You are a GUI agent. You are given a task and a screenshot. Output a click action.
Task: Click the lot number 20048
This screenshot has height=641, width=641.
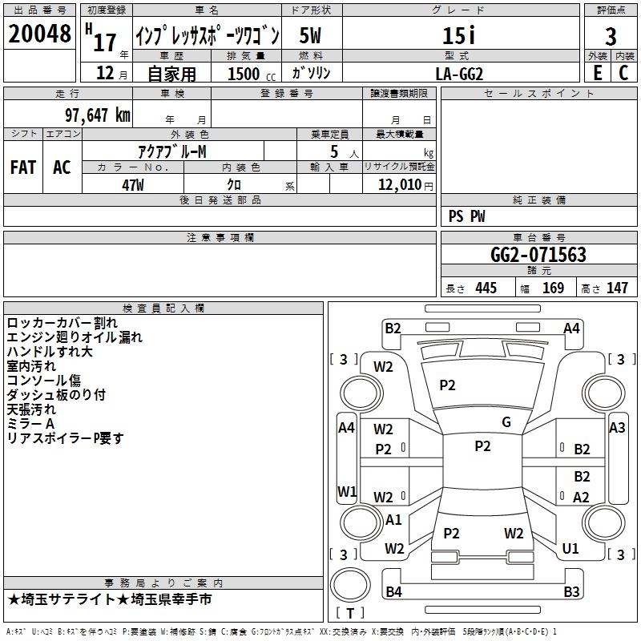(x=39, y=34)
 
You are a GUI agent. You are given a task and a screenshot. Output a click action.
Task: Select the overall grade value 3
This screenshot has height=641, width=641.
(x=611, y=36)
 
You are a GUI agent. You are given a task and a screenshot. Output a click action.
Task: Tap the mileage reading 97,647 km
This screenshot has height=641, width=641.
(x=98, y=115)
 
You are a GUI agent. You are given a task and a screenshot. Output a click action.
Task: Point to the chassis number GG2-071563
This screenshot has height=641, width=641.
(x=538, y=254)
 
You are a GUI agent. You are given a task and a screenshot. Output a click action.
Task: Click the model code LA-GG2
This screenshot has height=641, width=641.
(x=459, y=74)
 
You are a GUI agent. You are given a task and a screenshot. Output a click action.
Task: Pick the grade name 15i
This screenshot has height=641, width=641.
(x=459, y=35)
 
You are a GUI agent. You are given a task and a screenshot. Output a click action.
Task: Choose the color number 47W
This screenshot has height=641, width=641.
(x=133, y=185)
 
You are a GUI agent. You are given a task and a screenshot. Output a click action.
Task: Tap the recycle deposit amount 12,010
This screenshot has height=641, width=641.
(x=400, y=185)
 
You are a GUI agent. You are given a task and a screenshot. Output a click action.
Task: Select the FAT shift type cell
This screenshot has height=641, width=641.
(x=23, y=167)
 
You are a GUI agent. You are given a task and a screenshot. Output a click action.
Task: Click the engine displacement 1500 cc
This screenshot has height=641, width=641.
(x=252, y=74)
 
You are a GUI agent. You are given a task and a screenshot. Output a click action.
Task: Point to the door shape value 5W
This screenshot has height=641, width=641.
(x=310, y=35)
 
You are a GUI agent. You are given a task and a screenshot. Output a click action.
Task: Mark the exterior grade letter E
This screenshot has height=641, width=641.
(x=598, y=73)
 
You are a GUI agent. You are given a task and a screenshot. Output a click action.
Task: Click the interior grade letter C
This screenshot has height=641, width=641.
(x=623, y=73)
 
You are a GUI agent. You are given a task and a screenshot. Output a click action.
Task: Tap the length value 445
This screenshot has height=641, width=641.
(x=486, y=288)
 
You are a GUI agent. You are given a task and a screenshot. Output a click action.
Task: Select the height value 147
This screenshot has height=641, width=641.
(x=617, y=288)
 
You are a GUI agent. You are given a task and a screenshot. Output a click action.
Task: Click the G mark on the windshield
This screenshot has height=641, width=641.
(x=506, y=422)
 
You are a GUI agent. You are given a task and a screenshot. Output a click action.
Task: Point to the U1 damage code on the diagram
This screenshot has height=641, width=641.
(x=570, y=548)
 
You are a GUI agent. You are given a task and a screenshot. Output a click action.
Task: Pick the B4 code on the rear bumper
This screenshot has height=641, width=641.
(x=393, y=591)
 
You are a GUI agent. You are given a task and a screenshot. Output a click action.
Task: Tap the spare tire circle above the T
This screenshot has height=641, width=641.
(x=350, y=585)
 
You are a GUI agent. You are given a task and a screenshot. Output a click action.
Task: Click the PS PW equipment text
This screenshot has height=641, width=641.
(x=466, y=216)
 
